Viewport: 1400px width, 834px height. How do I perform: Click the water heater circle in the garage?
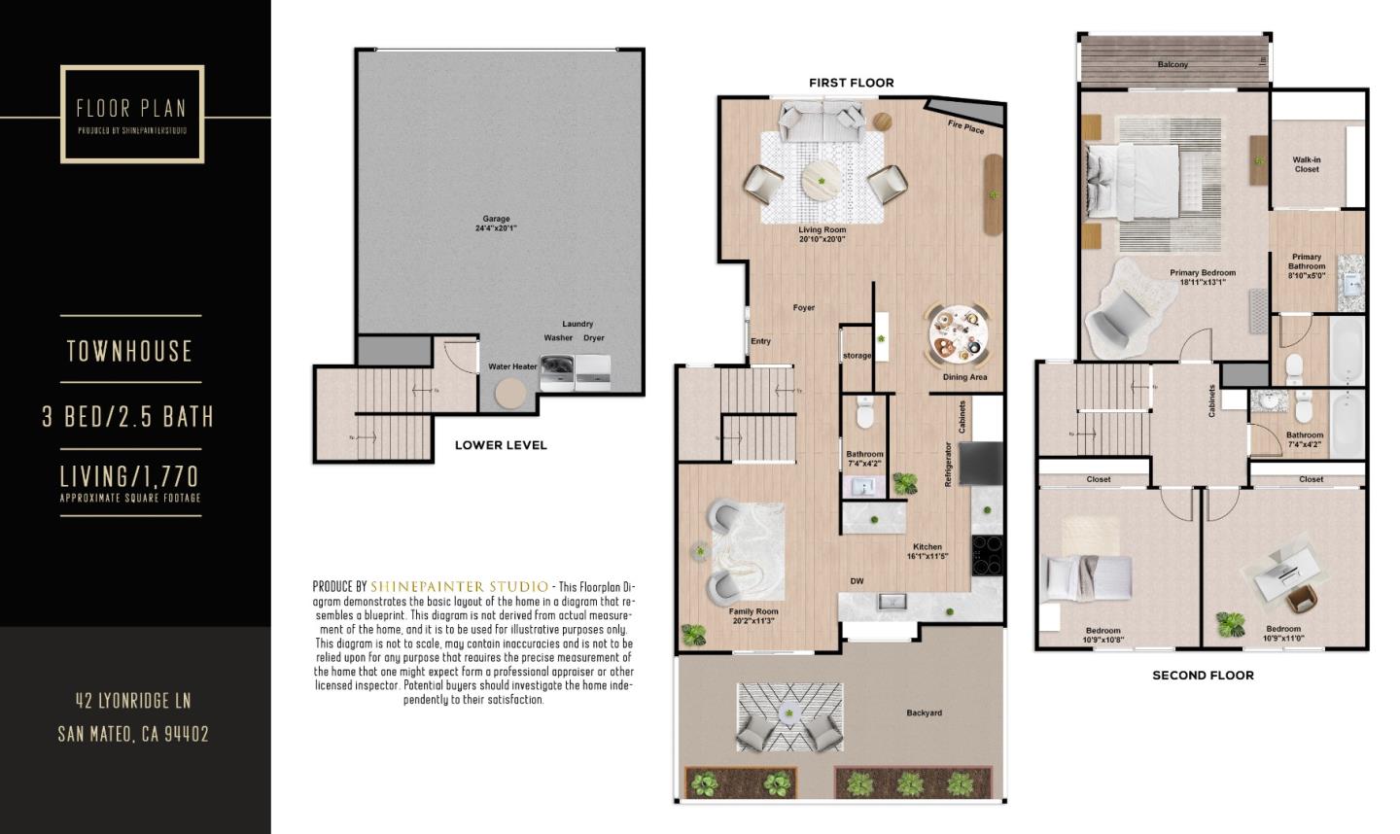(x=510, y=394)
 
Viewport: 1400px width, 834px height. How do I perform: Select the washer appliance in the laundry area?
(x=556, y=370)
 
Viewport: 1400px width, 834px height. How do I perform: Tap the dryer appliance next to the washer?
(x=593, y=370)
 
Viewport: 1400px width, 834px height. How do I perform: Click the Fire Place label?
(x=965, y=126)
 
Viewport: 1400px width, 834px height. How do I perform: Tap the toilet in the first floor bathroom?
(x=864, y=413)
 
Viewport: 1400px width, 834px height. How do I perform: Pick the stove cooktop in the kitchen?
(x=987, y=555)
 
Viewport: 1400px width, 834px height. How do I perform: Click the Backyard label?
(x=924, y=712)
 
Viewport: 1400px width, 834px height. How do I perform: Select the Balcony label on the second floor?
(x=1172, y=64)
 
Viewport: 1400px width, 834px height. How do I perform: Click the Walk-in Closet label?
(x=1307, y=164)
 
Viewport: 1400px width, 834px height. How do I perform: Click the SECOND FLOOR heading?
(x=1203, y=675)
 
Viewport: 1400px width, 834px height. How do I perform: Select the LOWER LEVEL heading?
(x=501, y=445)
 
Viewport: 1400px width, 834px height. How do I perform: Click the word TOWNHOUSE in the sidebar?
(x=130, y=351)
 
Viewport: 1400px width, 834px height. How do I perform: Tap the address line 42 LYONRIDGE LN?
(x=133, y=700)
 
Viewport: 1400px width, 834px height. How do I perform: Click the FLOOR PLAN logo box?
(x=132, y=114)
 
